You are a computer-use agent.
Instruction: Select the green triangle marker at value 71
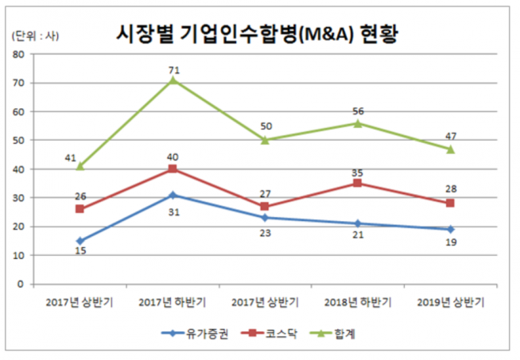coord(173,80)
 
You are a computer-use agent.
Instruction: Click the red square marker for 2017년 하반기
coord(173,169)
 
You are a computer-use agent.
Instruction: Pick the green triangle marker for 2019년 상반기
coord(450,149)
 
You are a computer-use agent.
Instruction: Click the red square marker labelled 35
coord(358,183)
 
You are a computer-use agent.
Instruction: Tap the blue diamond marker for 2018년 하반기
coord(358,223)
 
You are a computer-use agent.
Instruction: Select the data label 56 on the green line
coord(358,112)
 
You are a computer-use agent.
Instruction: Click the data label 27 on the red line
coord(266,194)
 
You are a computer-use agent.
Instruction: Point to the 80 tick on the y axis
coord(18,54)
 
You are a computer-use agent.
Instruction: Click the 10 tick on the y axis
coord(18,255)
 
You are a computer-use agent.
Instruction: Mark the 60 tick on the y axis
coord(18,111)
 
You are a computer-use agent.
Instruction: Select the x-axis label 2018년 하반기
coord(358,303)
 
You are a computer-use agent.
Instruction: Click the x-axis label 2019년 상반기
coord(450,303)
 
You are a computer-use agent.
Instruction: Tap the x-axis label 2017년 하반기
coord(173,303)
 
